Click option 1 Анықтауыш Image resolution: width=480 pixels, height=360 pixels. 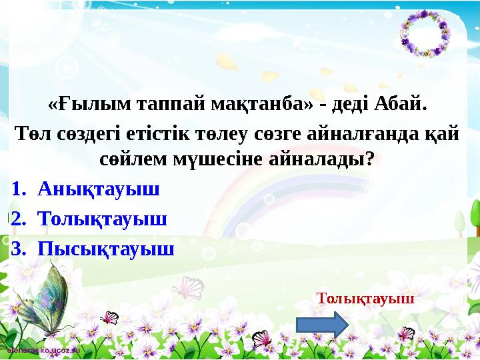click(99, 189)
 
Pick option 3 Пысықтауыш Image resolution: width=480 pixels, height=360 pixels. click(106, 248)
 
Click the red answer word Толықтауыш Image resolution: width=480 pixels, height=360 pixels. click(366, 298)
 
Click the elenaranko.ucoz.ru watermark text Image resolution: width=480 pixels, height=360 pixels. click(43, 349)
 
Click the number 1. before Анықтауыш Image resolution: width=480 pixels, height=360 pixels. click(17, 189)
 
